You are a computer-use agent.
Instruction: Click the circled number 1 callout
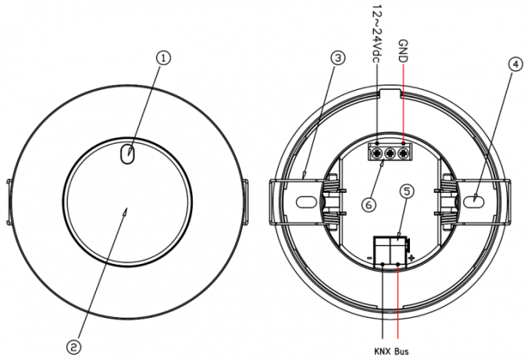coord(163,58)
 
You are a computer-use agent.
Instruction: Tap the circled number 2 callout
coord(73,348)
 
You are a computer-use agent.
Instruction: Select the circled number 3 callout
coord(337,58)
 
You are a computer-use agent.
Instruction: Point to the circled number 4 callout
coord(515,64)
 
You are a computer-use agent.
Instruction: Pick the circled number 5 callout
coord(406,191)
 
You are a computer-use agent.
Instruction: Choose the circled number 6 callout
coord(369,205)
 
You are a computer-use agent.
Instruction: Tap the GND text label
coord(403,51)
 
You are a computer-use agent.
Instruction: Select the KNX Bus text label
coord(391,351)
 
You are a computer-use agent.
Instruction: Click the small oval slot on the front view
coord(127,155)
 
